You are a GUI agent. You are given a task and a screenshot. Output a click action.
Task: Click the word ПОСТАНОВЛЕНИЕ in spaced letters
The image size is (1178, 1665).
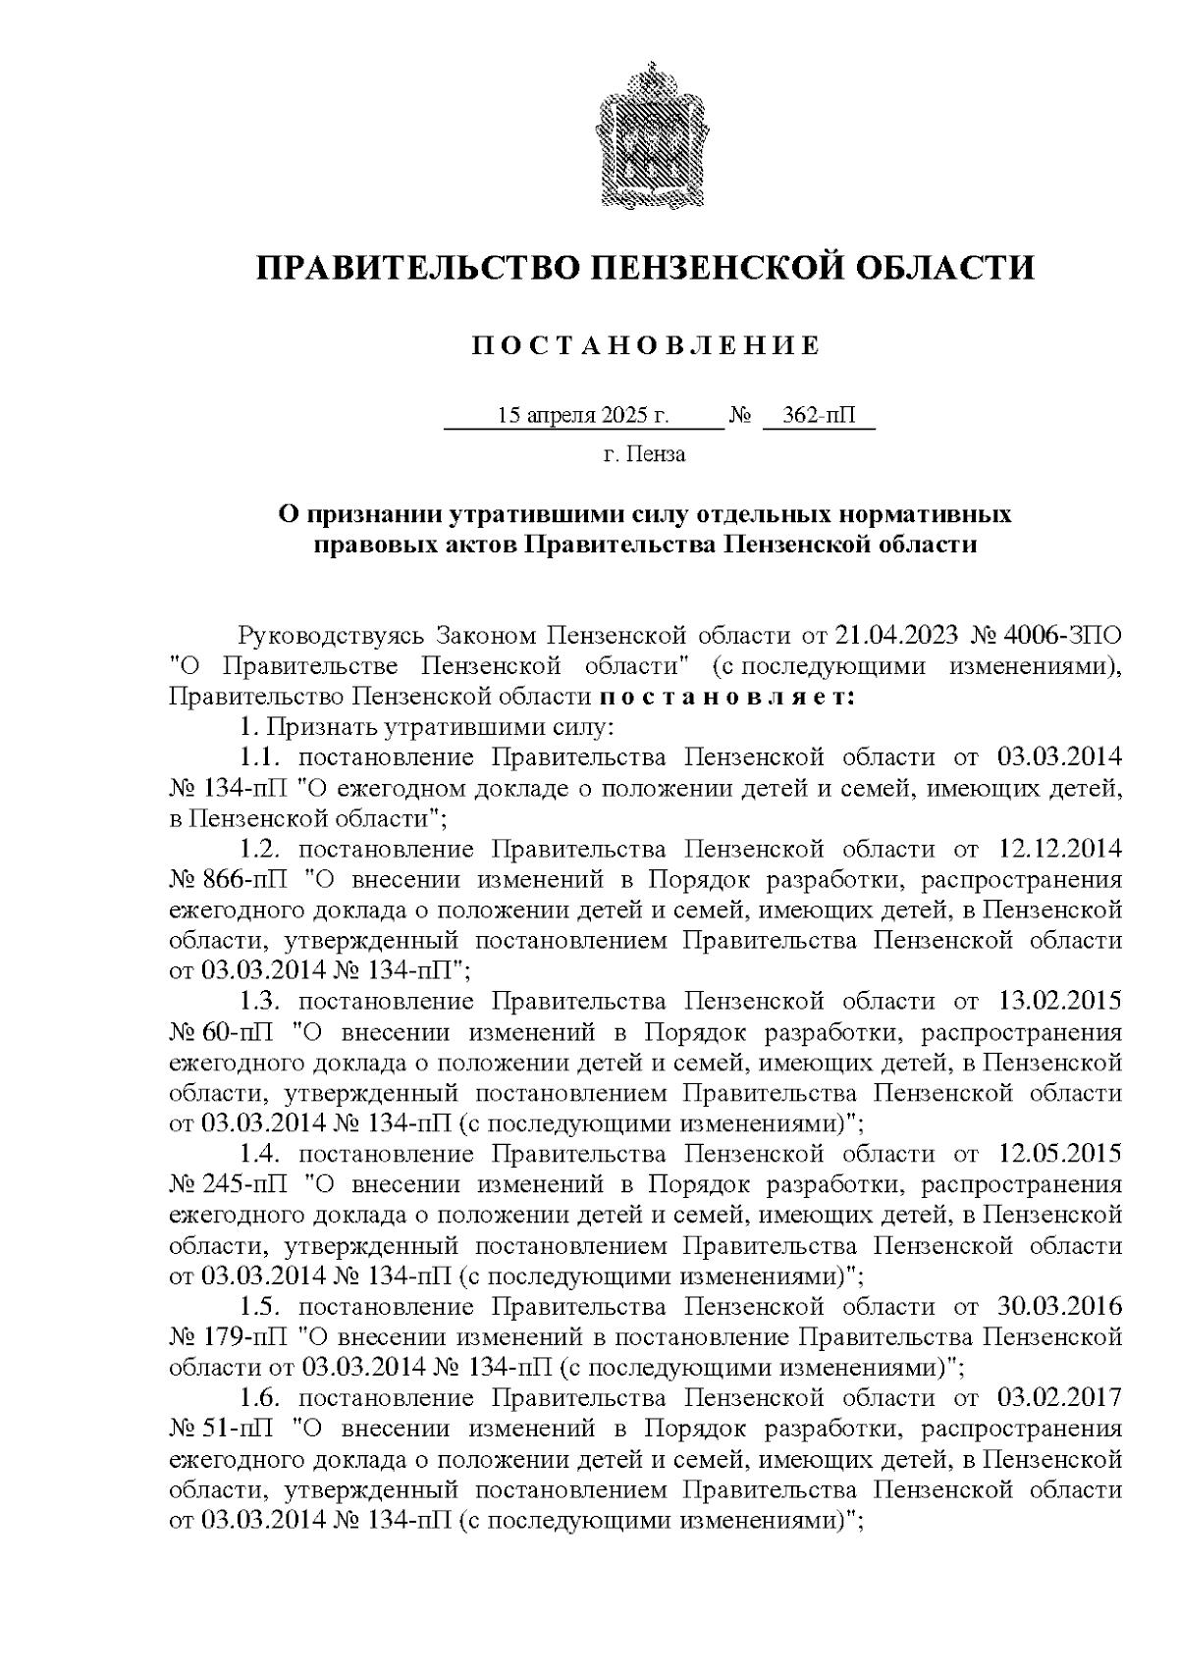pyautogui.click(x=645, y=346)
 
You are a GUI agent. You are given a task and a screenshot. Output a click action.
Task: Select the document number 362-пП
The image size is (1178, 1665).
pyautogui.click(x=819, y=416)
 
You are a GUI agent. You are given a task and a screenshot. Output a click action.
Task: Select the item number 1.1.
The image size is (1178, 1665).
pyautogui.click(x=261, y=757)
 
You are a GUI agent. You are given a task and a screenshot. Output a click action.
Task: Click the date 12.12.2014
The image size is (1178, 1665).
pyautogui.click(x=1059, y=849)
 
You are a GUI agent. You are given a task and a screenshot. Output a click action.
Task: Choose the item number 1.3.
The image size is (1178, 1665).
pyautogui.click(x=261, y=1002)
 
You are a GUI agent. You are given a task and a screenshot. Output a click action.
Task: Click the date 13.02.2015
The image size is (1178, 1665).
pyautogui.click(x=1059, y=1002)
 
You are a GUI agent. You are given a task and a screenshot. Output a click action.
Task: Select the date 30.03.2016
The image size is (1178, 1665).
pyautogui.click(x=1059, y=1307)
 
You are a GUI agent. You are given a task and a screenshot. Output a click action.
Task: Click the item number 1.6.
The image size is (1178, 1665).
pyautogui.click(x=261, y=1398)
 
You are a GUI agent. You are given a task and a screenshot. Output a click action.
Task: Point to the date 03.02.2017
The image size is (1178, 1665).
pyautogui.click(x=1059, y=1398)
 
